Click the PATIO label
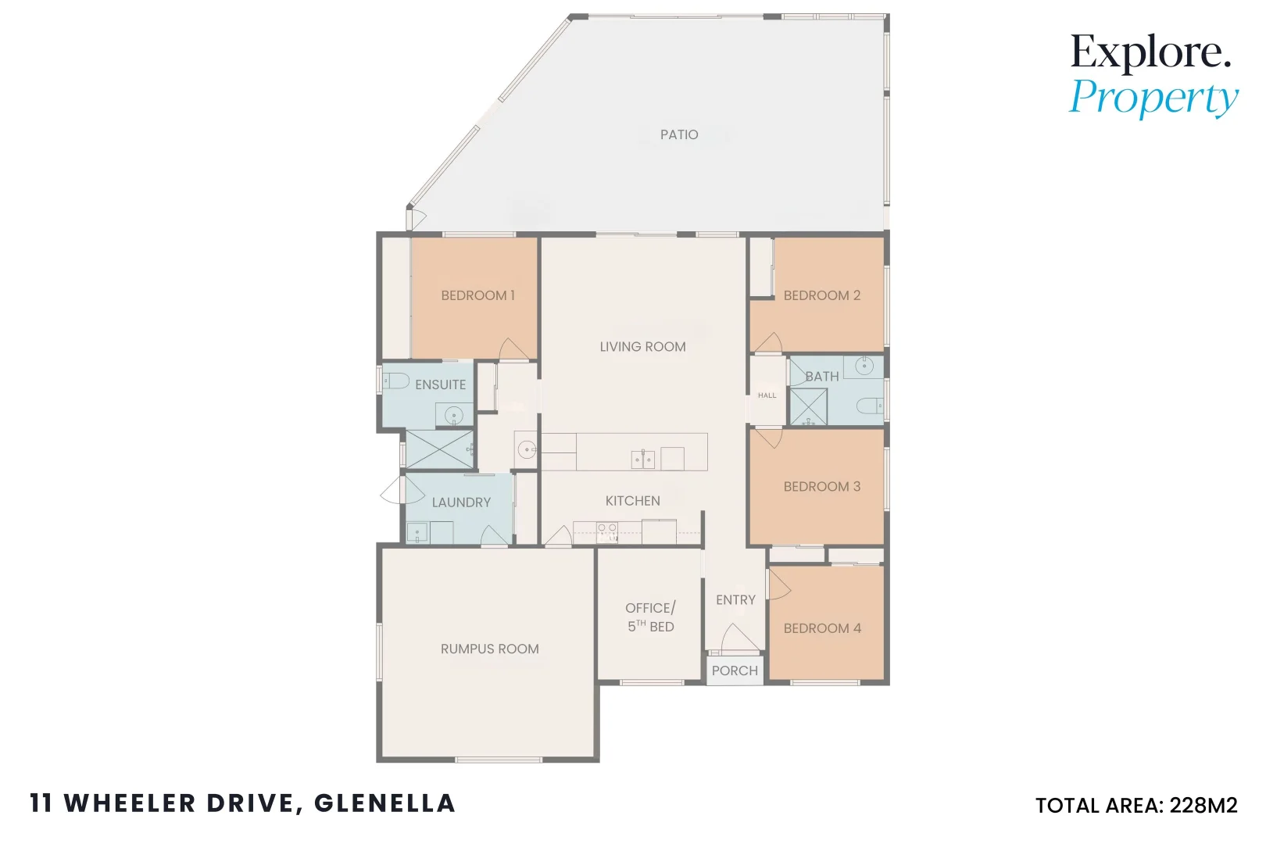679,134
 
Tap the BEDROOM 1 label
477,295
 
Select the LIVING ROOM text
642,346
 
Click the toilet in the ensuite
397,381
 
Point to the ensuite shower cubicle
439,449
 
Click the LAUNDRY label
461,502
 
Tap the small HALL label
767,395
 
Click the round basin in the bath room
864,366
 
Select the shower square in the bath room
808,407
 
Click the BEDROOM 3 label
821,486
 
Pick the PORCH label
735,671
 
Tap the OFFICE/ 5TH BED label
650,617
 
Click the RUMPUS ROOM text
489,649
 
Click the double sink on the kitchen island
643,458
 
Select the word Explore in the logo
1150,53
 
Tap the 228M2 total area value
1203,806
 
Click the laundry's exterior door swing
392,490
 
